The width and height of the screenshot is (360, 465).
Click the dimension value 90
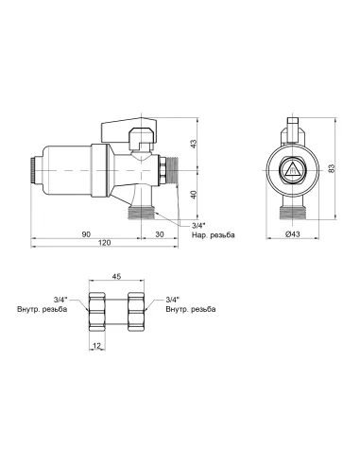[x=86, y=234]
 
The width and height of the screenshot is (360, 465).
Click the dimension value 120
[x=105, y=243]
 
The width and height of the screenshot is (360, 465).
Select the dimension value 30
[x=160, y=234]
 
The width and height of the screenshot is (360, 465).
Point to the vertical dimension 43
[x=194, y=144]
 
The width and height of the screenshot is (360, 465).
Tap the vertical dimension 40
[x=194, y=195]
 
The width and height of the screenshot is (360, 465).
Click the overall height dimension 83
[x=332, y=168]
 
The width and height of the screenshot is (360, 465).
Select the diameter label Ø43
[x=293, y=234]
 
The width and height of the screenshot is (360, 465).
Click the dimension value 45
[x=116, y=277]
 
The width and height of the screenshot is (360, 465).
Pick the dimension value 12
[x=97, y=346]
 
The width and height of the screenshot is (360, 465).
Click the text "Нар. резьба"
[x=214, y=235]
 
